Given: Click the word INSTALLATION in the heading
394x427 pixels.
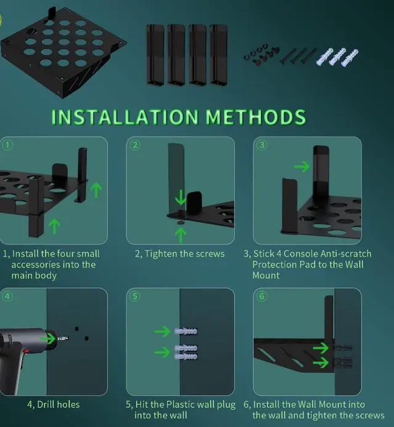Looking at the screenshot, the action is (125, 117).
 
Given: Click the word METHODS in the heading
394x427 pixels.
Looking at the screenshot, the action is (256, 117).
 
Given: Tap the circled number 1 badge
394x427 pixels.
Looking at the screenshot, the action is (7, 145).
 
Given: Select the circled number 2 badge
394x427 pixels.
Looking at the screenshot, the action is (135, 145).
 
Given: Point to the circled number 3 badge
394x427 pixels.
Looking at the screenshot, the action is (262, 145).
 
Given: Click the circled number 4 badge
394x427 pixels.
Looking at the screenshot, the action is (7, 296).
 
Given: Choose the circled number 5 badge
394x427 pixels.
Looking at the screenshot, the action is (135, 296).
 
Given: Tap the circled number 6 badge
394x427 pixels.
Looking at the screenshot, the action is (262, 296).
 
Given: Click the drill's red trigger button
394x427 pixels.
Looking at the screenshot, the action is (25, 351).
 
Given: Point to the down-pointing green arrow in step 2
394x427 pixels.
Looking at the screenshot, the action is (180, 198).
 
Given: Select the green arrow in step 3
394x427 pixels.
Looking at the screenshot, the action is (302, 166).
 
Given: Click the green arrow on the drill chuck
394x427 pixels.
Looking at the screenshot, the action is (48, 338).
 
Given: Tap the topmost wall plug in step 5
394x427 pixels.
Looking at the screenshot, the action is (186, 332).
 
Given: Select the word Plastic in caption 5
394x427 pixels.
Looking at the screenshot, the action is (181, 405).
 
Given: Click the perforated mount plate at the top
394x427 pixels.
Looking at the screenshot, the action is (63, 50).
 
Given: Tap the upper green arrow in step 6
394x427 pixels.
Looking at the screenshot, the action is (321, 348).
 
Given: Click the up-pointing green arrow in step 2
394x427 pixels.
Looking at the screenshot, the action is (180, 235).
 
